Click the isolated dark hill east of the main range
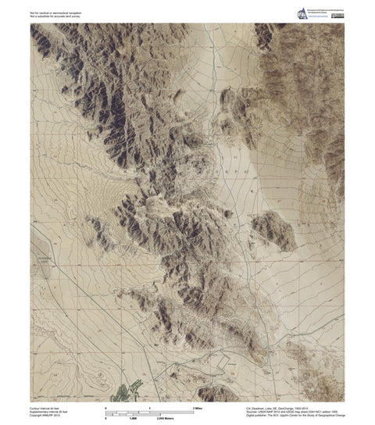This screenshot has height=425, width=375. [273, 230]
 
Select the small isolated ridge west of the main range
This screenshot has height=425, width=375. [102, 233]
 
